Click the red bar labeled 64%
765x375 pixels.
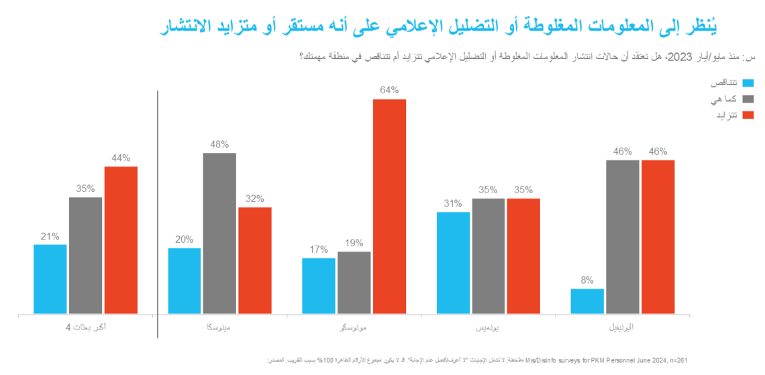[389, 206]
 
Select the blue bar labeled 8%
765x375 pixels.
[587, 301]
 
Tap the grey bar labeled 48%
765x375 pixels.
[219, 233]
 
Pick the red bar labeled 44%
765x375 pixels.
[121, 239]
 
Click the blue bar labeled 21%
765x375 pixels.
[50, 278]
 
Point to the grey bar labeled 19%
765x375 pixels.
[354, 282]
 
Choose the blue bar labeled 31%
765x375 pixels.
[453, 262]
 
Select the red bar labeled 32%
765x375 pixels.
[255, 260]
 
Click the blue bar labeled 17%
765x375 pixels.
[319, 285]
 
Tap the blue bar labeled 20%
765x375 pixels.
[185, 280]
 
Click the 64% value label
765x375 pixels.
[389, 90]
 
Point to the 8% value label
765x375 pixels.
[587, 280]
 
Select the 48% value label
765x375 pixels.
[219, 144]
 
